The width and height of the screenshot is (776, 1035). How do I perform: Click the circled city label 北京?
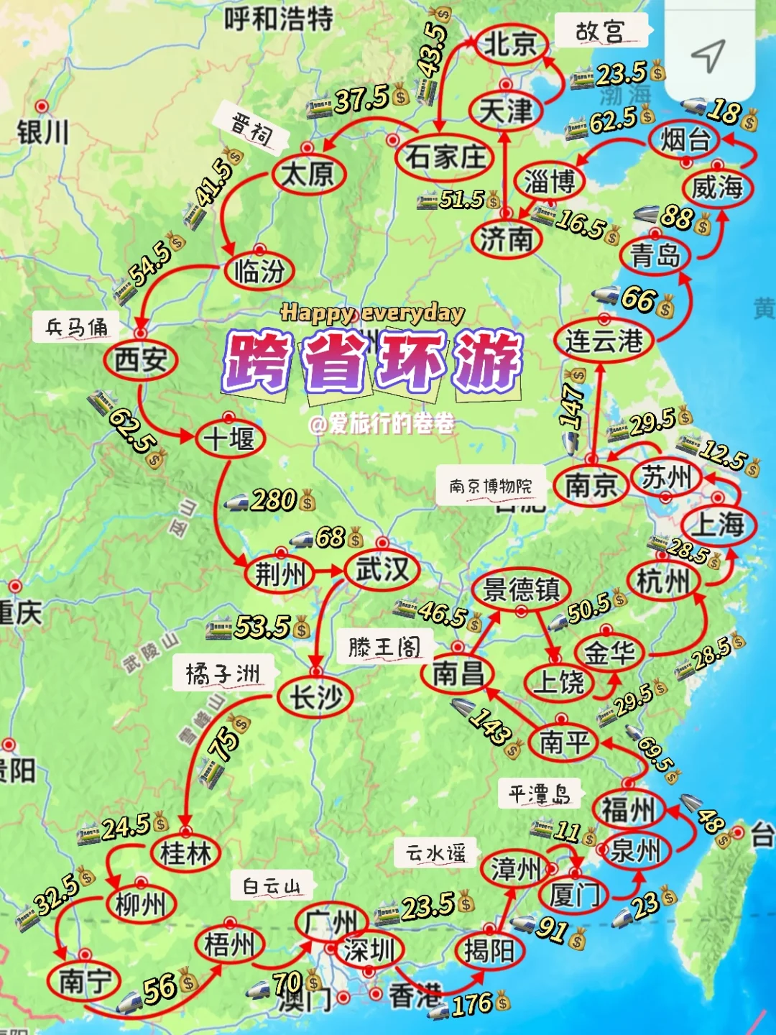pos(510,44)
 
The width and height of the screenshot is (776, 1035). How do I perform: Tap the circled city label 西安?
pos(140,359)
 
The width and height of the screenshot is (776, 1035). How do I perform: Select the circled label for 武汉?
pos(382,570)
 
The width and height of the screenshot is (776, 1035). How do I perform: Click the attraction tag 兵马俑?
pos(77,328)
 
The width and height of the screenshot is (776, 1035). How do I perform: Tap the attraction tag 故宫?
pos(601,31)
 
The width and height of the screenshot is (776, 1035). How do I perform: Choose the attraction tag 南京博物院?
pos(491,487)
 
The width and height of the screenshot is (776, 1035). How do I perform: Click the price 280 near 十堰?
pos(274,500)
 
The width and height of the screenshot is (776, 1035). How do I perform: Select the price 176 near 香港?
pos(472,1004)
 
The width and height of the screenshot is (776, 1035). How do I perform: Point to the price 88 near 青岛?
pos(676,216)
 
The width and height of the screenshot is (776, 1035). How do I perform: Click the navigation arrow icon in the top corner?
pos(708,55)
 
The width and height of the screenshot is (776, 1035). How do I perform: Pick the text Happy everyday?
pos(372,313)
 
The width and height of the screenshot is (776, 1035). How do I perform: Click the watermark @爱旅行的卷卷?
pos(382,424)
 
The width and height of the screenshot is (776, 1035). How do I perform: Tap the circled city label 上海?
pos(719,524)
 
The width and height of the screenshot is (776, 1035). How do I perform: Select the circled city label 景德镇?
pos(521,589)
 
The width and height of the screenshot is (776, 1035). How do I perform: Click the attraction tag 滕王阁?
pos(384,647)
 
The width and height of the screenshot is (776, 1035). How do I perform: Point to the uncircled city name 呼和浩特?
pos(279,18)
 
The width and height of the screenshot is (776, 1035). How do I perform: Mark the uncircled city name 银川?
pos(43,132)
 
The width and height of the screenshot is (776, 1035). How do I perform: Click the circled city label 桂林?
pos(185,853)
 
